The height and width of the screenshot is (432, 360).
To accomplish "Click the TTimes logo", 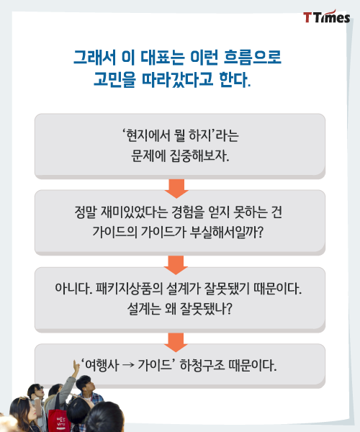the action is pos(327,17).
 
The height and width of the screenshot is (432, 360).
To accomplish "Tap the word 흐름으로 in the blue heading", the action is pos(252,58).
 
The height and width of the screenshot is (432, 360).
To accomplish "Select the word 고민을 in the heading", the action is pos(114,79).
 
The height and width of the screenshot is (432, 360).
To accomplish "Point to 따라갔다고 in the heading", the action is pos(178,79).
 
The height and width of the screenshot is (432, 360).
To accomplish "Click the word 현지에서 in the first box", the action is pos(144,135).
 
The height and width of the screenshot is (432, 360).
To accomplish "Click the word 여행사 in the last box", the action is pos(102,365).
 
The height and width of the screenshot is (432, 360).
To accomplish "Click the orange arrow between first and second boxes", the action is pos(176,189).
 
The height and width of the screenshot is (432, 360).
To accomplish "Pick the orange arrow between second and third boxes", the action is pos(176,265).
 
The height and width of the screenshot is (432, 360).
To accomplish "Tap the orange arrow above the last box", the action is pos(176,342).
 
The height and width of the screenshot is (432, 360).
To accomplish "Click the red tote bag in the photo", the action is pos(58,419).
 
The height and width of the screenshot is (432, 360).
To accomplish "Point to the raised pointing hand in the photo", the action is pos(75,366).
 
